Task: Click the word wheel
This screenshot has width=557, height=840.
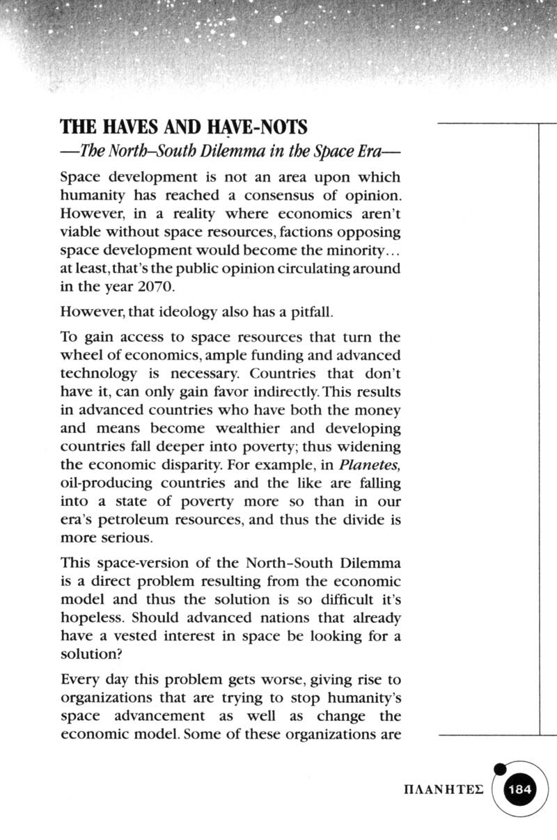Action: pyautogui.click(x=79, y=356)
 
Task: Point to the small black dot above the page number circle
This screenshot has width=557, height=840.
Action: pyautogui.click(x=499, y=769)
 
